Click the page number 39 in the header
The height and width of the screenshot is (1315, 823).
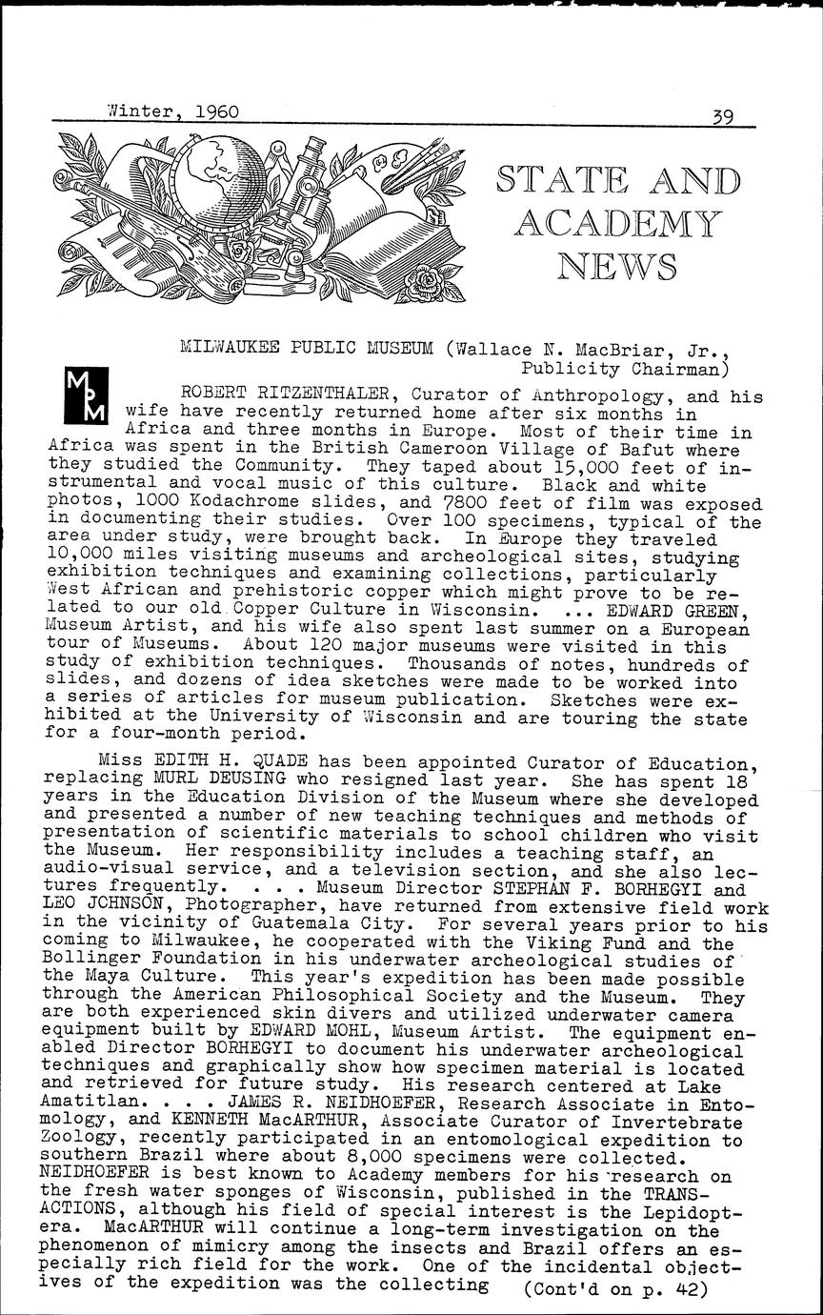coord(733,117)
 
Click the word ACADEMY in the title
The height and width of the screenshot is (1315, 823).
coord(617,222)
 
